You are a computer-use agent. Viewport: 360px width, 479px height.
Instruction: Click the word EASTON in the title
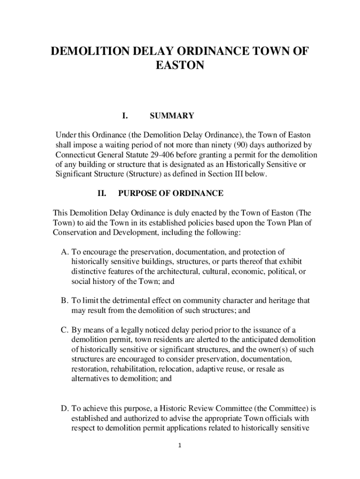click(x=180, y=66)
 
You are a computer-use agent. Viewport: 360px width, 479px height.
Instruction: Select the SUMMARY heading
click(x=172, y=116)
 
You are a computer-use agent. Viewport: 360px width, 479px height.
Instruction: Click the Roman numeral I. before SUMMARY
click(x=125, y=116)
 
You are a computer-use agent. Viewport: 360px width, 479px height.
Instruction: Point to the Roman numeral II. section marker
click(x=102, y=193)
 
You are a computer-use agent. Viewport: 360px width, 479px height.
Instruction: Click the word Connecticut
click(x=77, y=155)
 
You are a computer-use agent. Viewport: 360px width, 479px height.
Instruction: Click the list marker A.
click(x=65, y=253)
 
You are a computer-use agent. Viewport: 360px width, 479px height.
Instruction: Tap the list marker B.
click(x=65, y=301)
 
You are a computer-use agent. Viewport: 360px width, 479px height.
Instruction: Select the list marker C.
click(x=65, y=330)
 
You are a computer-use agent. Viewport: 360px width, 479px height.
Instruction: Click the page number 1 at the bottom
click(x=180, y=446)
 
